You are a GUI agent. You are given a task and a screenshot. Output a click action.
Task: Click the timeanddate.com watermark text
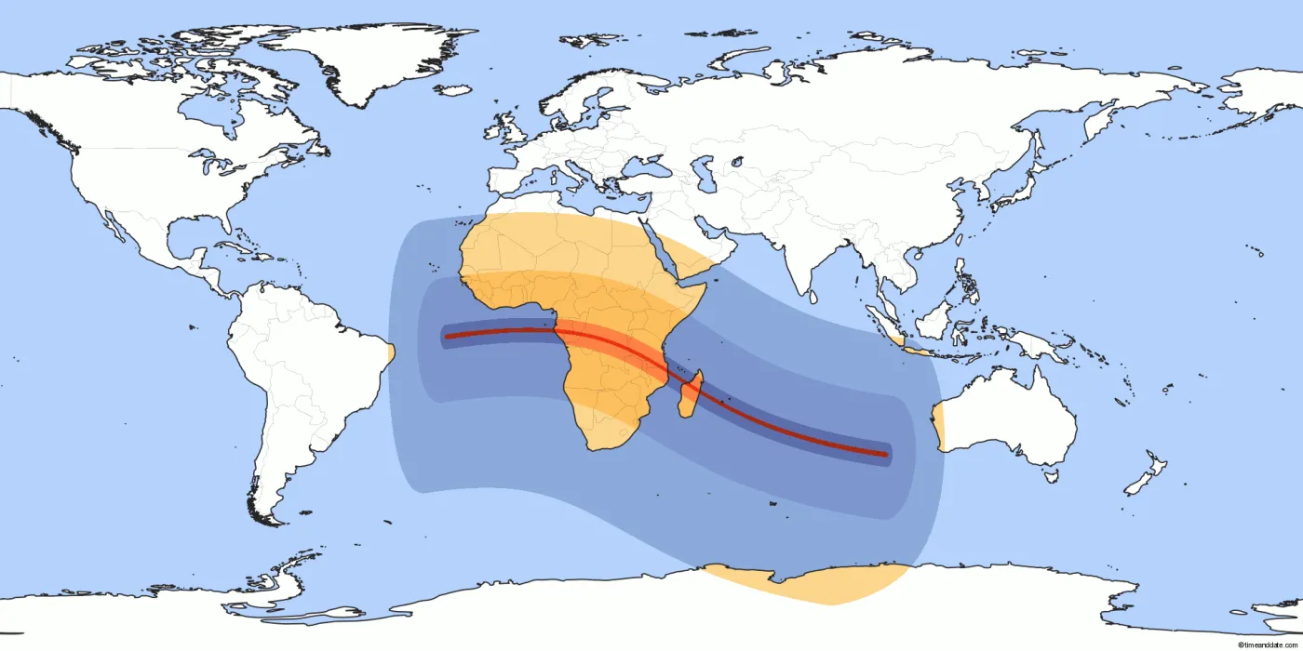(x=1268, y=644)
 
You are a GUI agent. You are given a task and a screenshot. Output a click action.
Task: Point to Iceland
(x=453, y=90)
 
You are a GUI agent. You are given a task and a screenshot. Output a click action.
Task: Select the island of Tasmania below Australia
(x=1051, y=475)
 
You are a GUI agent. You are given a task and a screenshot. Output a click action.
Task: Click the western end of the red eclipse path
(x=447, y=336)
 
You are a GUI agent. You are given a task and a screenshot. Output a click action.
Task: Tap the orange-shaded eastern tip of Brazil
(x=390, y=352)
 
